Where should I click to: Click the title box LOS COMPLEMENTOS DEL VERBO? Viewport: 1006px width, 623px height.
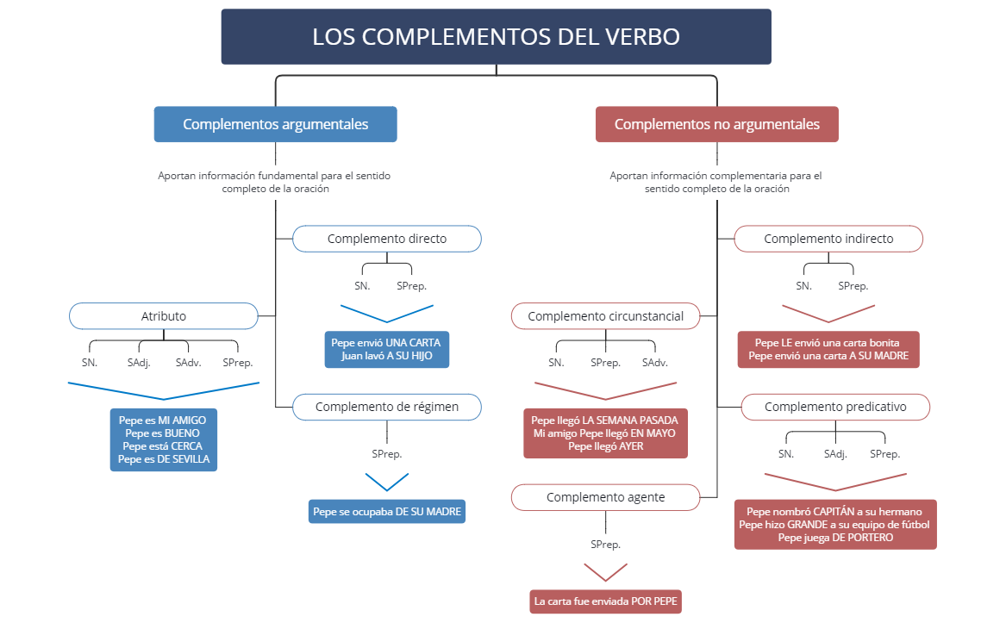tap(496, 37)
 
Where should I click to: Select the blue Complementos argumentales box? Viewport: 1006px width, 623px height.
tap(275, 124)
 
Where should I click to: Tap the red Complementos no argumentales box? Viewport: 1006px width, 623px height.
tap(716, 124)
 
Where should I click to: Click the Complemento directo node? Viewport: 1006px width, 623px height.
tap(387, 239)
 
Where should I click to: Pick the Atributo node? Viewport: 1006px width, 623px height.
tap(164, 316)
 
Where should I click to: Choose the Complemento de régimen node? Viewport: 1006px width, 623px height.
tap(387, 407)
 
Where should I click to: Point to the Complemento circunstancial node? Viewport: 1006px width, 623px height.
tap(605, 316)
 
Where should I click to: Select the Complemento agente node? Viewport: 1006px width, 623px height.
tap(605, 497)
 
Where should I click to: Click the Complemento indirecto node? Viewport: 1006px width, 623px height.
tap(828, 239)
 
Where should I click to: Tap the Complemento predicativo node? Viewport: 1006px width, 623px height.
tap(835, 407)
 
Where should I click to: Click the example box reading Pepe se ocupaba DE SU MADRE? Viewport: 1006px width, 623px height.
tap(387, 512)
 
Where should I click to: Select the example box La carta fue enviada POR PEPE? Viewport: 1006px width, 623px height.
tap(605, 601)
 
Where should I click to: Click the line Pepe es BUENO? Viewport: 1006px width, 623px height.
tap(164, 433)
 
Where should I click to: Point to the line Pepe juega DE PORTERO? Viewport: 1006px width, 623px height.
tap(835, 538)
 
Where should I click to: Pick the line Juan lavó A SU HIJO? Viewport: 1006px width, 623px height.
tap(387, 356)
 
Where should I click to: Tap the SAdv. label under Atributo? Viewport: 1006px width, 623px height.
tap(188, 363)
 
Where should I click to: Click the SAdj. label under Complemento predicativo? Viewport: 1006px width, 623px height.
tap(836, 453)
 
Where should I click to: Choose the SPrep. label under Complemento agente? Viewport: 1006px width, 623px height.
tap(605, 545)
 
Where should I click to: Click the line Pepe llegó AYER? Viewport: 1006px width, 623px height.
tap(605, 446)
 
